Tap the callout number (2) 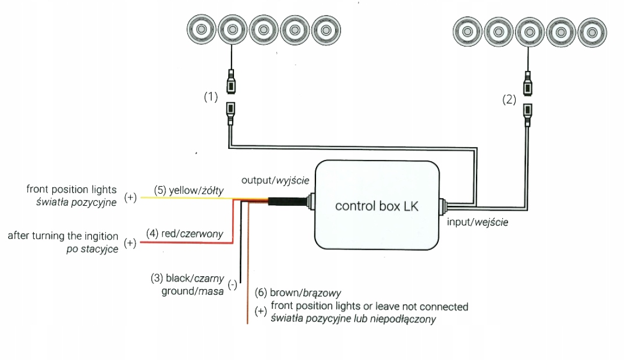(509, 99)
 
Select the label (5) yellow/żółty (189, 190)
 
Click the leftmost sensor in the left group (200, 29)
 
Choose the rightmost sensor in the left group (326, 29)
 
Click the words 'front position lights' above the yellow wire (71, 190)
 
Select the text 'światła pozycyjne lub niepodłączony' (353, 319)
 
